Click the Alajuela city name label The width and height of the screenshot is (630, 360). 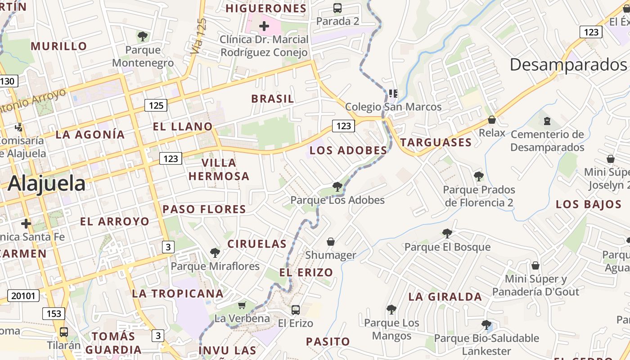[x=46, y=184]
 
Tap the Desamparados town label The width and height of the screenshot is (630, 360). [x=568, y=65]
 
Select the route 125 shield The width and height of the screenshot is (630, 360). [x=156, y=105]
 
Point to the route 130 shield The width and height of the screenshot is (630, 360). [x=8, y=81]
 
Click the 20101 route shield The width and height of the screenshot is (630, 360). [x=23, y=296]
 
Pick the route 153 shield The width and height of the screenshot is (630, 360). [x=54, y=314]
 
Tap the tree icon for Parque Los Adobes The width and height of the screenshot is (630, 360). [x=337, y=186]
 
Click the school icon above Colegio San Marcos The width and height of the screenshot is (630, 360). [x=393, y=94]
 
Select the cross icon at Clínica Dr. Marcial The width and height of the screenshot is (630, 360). [x=264, y=26]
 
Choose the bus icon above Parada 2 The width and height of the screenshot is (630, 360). [x=337, y=8]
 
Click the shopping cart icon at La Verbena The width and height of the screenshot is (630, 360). [x=242, y=306]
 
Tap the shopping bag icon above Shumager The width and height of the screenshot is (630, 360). [x=331, y=242]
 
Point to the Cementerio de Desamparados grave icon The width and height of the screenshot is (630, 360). [x=547, y=121]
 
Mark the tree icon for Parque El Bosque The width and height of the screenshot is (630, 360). [x=447, y=233]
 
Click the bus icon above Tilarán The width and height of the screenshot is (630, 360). [x=64, y=332]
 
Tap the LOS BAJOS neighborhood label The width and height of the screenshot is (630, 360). [x=588, y=204]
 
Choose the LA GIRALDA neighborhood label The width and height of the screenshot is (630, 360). [x=445, y=297]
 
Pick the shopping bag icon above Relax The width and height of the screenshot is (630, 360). [x=492, y=120]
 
